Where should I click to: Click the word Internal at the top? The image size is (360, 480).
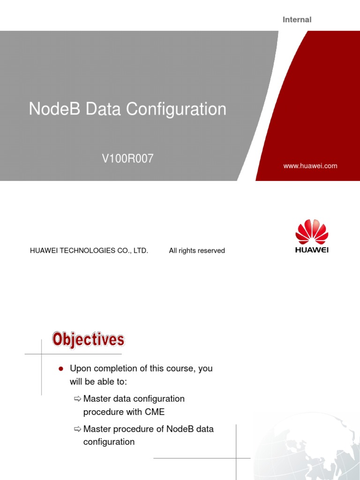(x=297, y=20)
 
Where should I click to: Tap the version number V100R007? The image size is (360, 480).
(x=128, y=159)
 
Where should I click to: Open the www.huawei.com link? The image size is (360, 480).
(x=310, y=166)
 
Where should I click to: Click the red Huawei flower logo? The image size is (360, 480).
(x=312, y=231)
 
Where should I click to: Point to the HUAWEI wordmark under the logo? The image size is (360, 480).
(x=312, y=250)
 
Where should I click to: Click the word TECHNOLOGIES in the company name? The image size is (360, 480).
(x=84, y=251)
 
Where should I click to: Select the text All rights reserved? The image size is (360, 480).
(x=197, y=251)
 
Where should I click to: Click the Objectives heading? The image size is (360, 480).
(x=88, y=339)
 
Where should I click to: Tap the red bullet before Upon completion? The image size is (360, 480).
(x=60, y=369)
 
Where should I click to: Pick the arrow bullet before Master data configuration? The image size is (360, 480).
(x=78, y=399)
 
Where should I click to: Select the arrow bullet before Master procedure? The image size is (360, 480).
(x=78, y=429)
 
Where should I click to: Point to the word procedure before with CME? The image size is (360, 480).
(x=102, y=412)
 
